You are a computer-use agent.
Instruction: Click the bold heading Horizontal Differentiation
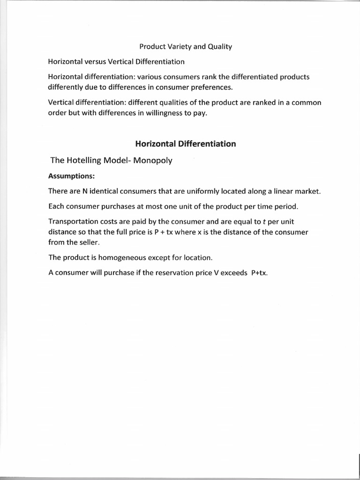186,144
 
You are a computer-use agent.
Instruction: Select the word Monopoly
153,161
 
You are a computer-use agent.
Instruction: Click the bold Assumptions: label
72,177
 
